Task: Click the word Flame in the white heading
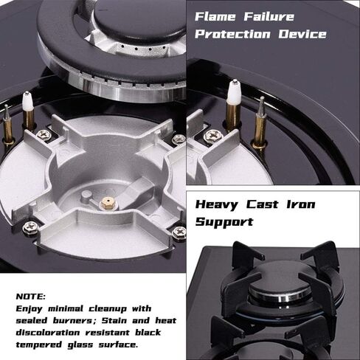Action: pos(215,17)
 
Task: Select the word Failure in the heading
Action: pos(269,17)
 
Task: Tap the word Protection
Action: pos(232,34)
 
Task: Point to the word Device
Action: pos(302,34)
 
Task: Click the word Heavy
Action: pos(217,205)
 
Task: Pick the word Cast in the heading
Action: pos(263,204)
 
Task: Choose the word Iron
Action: pos(301,204)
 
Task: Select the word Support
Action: pos(224,222)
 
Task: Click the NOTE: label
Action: pos(31,297)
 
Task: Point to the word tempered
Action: pos(39,345)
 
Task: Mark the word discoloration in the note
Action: pos(48,333)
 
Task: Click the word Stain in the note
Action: pos(114,321)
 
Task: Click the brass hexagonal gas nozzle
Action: pos(107,203)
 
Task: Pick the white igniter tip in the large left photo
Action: pos(27,101)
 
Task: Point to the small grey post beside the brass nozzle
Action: pos(86,197)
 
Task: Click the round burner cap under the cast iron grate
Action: pos(279,284)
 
